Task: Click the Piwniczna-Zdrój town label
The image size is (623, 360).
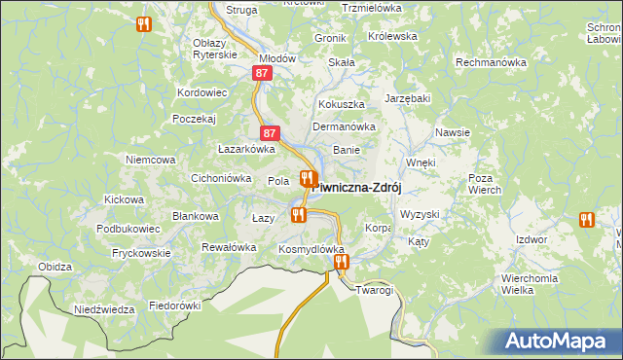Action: click(x=359, y=187)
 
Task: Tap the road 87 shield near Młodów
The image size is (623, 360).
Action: click(x=261, y=73)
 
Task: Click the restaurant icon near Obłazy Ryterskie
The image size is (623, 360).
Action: click(x=144, y=24)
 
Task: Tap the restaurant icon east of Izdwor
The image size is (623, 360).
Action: click(x=586, y=221)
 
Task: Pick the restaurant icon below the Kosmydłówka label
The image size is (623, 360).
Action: click(x=341, y=262)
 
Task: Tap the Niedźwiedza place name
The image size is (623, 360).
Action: click(x=104, y=309)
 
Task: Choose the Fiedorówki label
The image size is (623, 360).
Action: click(x=174, y=305)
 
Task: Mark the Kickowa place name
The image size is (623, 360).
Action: click(x=124, y=199)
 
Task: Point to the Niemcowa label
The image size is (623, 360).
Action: click(x=150, y=159)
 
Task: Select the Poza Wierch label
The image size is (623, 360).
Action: click(x=485, y=184)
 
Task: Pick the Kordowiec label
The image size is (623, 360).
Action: click(x=202, y=92)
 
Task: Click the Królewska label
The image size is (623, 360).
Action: click(x=392, y=36)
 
